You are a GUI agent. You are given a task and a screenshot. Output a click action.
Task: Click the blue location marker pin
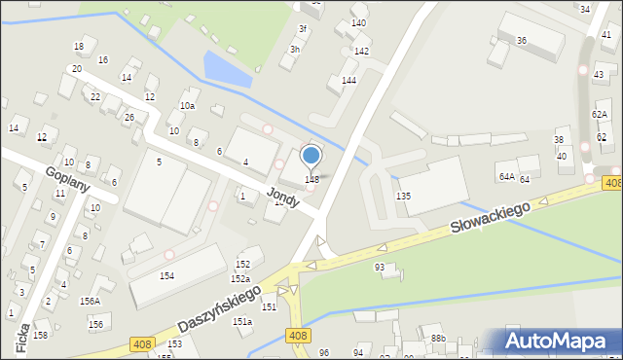pyautogui.click(x=311, y=156)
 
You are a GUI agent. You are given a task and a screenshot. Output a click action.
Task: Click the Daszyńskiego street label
pyautogui.click(x=220, y=308)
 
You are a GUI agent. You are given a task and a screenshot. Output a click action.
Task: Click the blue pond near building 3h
pyautogui.click(x=224, y=68)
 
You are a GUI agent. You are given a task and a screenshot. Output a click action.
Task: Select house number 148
pyautogui.click(x=311, y=179)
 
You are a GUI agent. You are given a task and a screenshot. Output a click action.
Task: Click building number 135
pyautogui.click(x=403, y=196)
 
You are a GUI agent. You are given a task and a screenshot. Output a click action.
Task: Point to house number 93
pyautogui.click(x=380, y=267)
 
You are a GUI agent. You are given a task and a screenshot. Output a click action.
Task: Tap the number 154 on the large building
pyautogui.click(x=166, y=276)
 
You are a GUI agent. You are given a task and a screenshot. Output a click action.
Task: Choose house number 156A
pyautogui.click(x=90, y=301)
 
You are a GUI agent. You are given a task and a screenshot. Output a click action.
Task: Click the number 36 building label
pyautogui.click(x=522, y=40)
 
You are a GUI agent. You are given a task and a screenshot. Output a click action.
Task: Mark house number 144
pyautogui.click(x=348, y=80)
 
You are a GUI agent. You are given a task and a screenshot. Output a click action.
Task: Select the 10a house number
pyautogui.click(x=187, y=105)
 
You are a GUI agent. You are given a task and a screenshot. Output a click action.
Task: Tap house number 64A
pyautogui.click(x=506, y=176)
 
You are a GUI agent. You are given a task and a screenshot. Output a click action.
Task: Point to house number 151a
pyautogui.click(x=242, y=321)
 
